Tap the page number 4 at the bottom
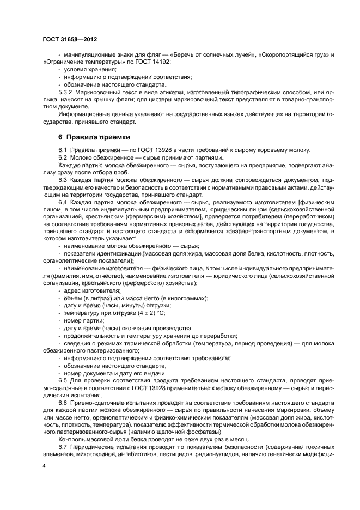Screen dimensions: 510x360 [x=44, y=465]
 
